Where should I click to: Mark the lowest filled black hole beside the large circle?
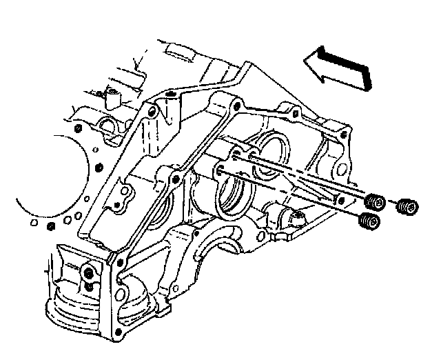(49, 228)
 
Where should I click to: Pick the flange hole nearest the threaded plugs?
(337, 199)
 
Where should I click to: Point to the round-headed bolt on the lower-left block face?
(90, 275)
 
